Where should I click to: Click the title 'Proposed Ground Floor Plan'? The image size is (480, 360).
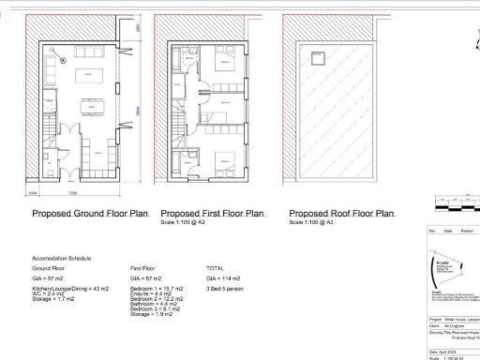pyautogui.click(x=90, y=214)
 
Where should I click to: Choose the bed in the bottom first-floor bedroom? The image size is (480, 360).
pyautogui.click(x=224, y=158)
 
